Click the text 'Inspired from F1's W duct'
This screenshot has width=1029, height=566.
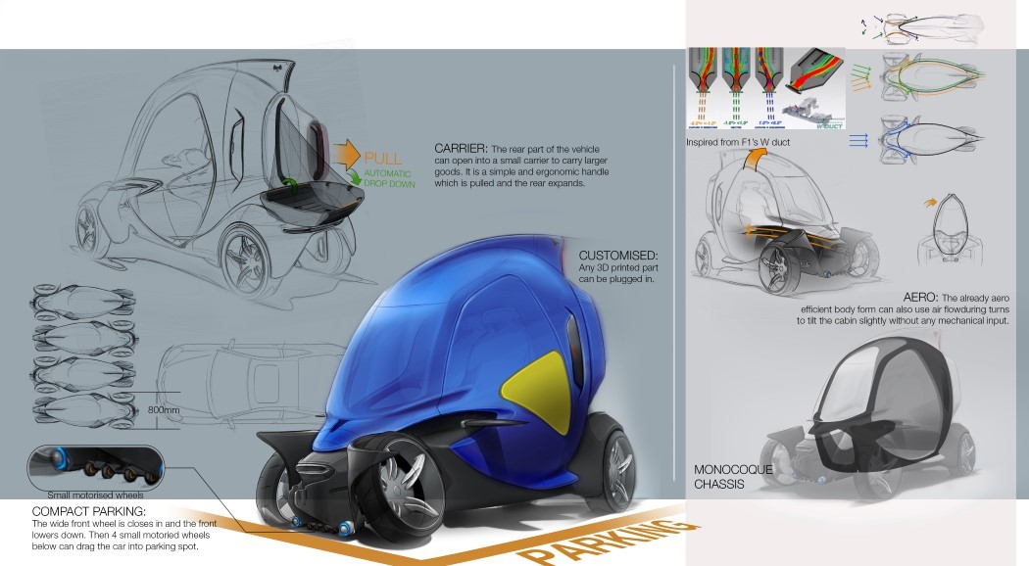[x=738, y=142]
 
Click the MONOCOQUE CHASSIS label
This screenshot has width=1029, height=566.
[x=735, y=476]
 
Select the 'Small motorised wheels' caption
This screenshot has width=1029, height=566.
[x=87, y=495]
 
